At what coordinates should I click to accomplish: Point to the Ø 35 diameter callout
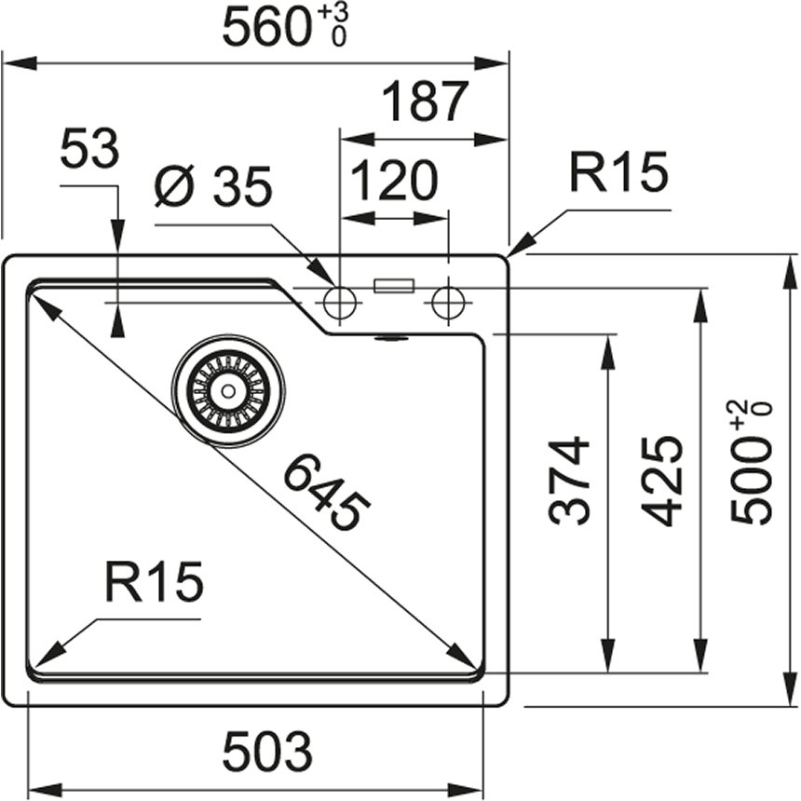(213, 188)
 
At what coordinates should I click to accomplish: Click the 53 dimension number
(90, 149)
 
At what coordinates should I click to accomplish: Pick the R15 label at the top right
(618, 173)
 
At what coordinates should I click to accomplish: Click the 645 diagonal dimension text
(326, 492)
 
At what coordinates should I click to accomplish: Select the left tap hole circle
(339, 301)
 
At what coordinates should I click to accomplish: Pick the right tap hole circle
(448, 301)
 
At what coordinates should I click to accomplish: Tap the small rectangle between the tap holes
(393, 287)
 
